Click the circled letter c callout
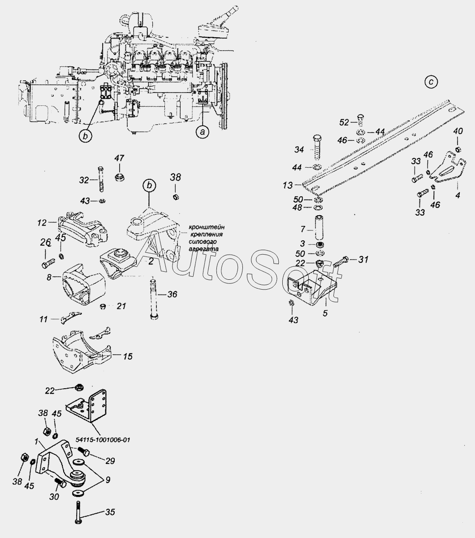(431, 82)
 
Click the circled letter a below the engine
(202, 132)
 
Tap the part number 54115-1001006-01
(103, 440)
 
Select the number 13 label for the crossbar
(288, 185)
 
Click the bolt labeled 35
(78, 512)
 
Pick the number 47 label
(119, 158)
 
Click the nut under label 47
(120, 177)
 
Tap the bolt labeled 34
(317, 147)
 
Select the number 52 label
(344, 122)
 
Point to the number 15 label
(128, 356)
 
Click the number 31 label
(363, 259)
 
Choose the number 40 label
(458, 131)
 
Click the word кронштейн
(207, 227)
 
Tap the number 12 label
(42, 222)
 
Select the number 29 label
(110, 461)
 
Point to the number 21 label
(121, 306)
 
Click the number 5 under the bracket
(325, 313)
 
